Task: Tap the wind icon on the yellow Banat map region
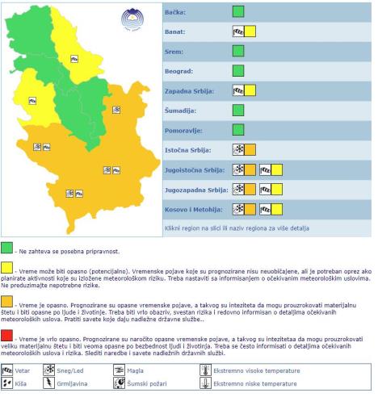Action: coord(74,58)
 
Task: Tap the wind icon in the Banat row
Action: coord(238,31)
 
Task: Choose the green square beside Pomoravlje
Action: coord(237,129)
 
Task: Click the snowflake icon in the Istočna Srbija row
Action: coord(238,149)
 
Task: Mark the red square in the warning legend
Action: coord(7,335)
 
